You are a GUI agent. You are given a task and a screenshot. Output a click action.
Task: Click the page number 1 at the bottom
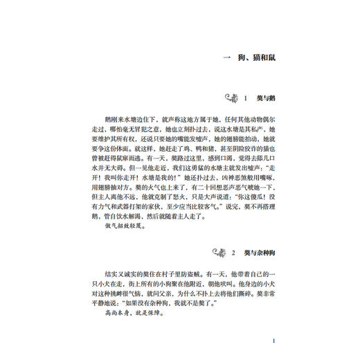(275, 341)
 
